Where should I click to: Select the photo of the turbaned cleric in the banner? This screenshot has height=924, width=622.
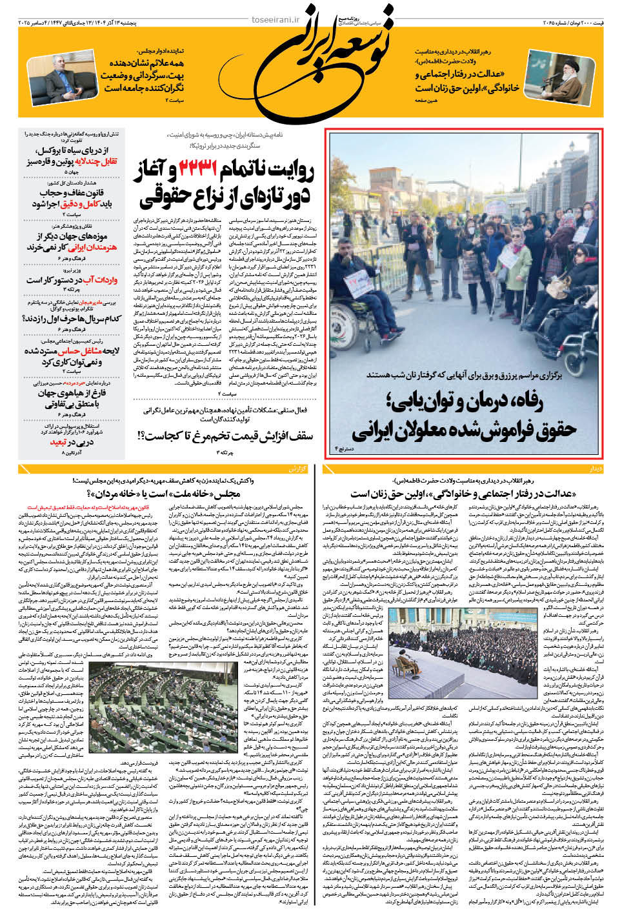[x=561, y=76]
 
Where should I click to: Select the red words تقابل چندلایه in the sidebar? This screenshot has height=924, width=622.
[x=96, y=161]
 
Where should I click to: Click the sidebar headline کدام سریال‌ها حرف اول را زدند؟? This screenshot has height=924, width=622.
[x=72, y=319]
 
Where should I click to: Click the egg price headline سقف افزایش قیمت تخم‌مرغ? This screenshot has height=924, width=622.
[x=226, y=436]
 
